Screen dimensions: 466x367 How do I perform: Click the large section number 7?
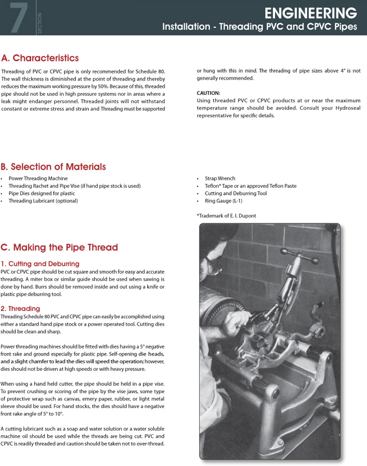[x=18, y=18]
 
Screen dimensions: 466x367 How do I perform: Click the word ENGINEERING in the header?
[x=310, y=12]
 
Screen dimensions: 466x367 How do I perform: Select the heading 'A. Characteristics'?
[x=40, y=58]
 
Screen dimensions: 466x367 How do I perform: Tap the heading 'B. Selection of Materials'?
[x=53, y=167]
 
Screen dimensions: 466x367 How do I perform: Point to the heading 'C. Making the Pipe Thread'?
[x=59, y=248]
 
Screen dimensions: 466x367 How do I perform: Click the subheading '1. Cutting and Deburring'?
[x=40, y=264]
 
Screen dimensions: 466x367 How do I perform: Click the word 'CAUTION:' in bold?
[x=209, y=93]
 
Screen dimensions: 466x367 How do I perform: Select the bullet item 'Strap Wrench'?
[x=220, y=179]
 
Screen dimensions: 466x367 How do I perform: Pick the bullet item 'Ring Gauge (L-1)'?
[x=224, y=201]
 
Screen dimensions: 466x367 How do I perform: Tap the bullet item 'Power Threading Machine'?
[x=34, y=179]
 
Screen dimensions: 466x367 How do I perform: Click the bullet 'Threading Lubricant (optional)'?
[x=43, y=201]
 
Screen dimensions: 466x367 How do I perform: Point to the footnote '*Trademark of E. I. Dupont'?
[x=226, y=216]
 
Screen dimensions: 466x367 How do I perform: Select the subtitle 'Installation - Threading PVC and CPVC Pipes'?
[x=259, y=27]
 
